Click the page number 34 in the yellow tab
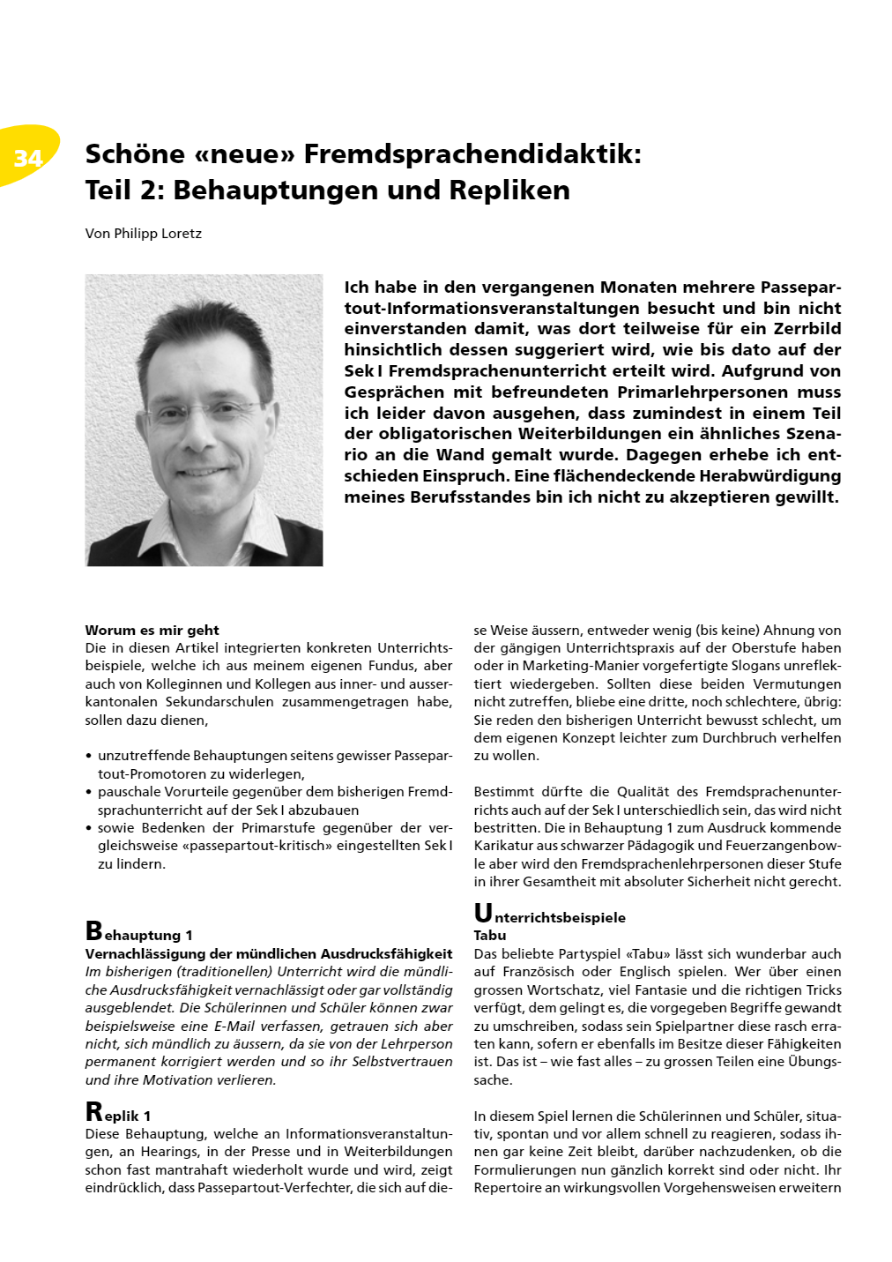point(28,158)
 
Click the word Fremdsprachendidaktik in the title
point(472,154)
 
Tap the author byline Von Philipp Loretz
point(144,234)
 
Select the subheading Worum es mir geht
point(152,630)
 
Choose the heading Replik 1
point(118,1114)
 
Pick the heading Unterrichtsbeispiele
point(550,915)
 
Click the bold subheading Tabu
point(490,936)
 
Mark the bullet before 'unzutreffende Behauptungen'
point(89,757)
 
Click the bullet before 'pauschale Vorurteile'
point(89,793)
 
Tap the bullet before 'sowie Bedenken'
point(89,828)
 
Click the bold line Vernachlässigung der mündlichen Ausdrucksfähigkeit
point(269,953)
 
